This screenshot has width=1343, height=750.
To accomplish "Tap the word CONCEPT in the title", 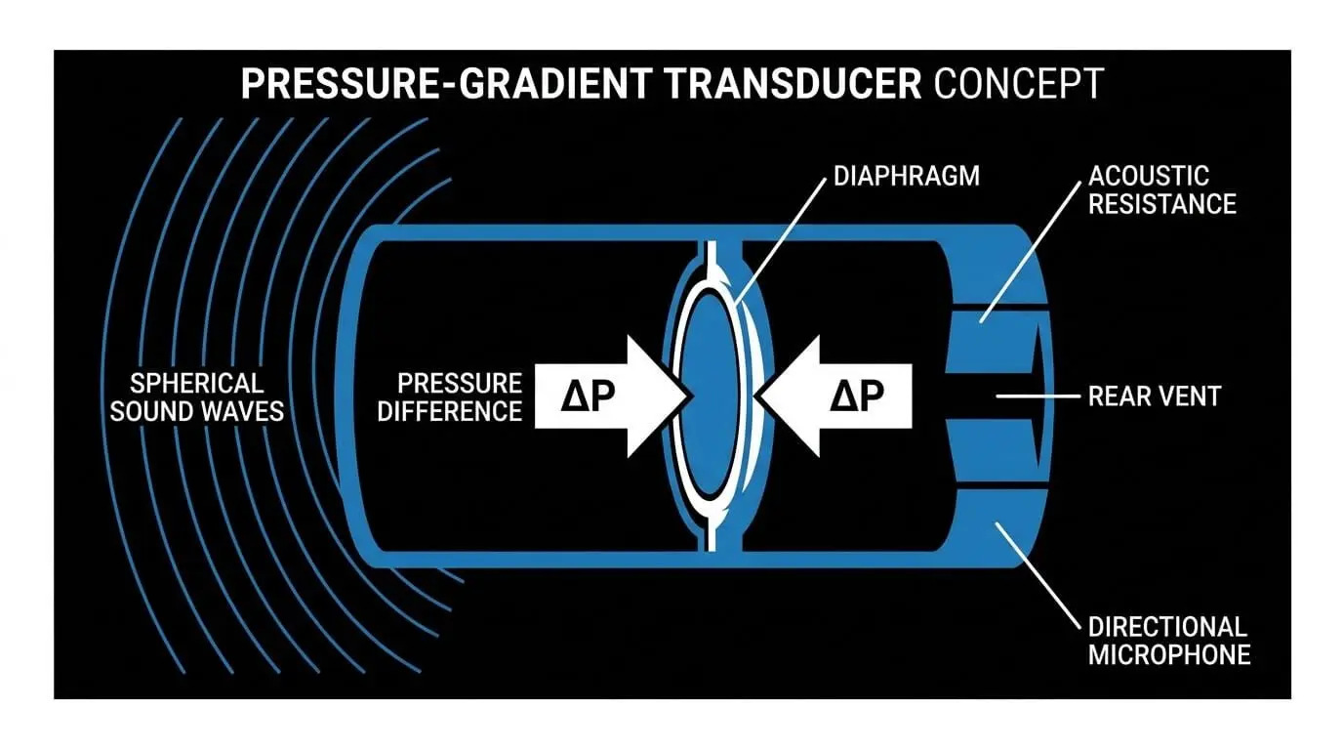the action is tap(1019, 83).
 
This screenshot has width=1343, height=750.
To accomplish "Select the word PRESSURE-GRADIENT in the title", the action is tap(447, 83).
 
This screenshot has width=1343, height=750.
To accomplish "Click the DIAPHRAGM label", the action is tap(907, 177).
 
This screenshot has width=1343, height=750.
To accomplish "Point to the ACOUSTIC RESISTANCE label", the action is tap(1161, 190).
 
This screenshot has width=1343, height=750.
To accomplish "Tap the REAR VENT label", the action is tap(1154, 396).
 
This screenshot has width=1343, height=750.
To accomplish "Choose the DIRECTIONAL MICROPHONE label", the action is tap(1169, 641).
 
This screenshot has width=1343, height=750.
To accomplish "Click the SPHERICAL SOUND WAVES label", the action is tap(196, 397).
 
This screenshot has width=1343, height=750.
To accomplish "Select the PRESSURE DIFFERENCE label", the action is tap(450, 397).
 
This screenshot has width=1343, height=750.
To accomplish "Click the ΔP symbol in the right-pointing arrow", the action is tap(589, 396).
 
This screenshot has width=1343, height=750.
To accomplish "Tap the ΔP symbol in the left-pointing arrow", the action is tap(857, 396).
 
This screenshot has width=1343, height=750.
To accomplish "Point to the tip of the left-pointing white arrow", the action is tap(754, 396).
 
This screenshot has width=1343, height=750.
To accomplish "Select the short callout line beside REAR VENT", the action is tap(1038, 396).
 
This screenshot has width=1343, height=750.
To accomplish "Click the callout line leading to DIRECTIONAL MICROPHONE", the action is tap(1038, 575).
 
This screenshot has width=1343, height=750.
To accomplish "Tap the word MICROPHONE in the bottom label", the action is tap(1169, 655).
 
